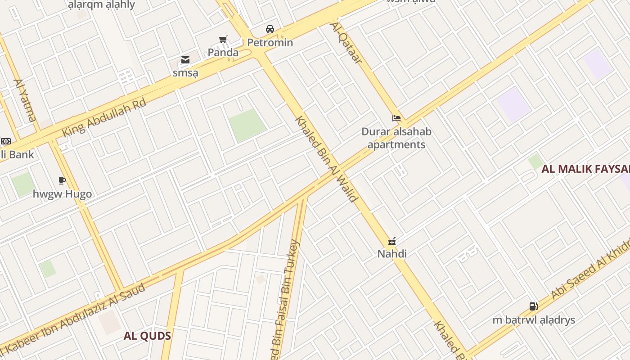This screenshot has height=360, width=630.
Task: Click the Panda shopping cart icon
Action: pos(223,40)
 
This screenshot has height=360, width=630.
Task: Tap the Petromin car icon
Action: pos(270,29)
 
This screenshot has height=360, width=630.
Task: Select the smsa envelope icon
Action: pos(185,60)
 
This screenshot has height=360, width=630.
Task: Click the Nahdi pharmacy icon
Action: pos(392,242)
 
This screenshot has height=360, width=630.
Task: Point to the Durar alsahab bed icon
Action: pos(396,119)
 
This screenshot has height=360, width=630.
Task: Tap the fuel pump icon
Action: pos(533,306)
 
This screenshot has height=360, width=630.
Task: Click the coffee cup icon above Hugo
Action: pos(62,181)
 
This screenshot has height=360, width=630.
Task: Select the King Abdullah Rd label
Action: pos(105,118)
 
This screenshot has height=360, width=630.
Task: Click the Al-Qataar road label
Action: pos(346,43)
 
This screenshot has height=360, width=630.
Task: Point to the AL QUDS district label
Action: pos(147,336)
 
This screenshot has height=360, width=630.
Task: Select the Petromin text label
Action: pos(270,43)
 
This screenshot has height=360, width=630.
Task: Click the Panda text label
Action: pos(223,53)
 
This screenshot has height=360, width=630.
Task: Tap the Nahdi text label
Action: pos(392,254)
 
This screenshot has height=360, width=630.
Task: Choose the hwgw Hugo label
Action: pos(62,194)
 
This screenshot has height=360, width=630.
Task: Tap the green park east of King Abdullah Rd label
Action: pos(247,125)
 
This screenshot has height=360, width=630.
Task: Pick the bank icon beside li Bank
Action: pos(5,141)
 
